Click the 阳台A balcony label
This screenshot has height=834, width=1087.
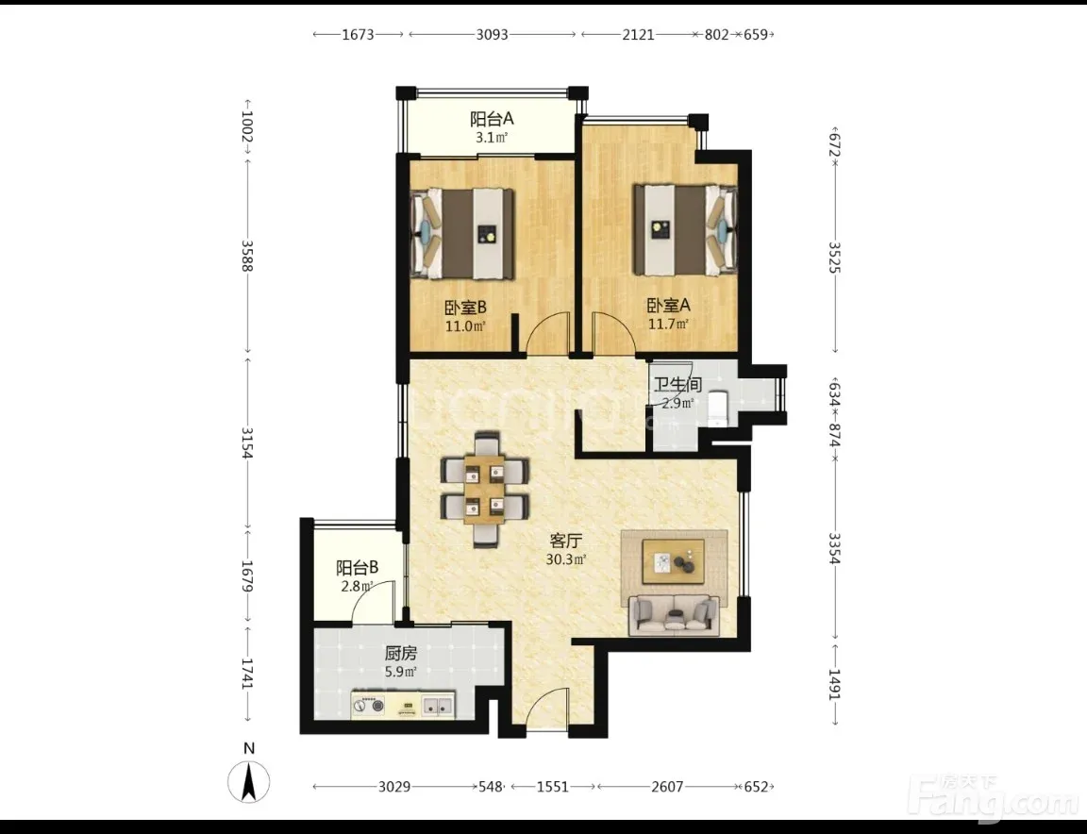pyautogui.click(x=492, y=119)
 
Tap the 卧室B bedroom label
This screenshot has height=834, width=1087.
pyautogui.click(x=464, y=307)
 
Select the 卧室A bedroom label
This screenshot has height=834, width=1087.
pyautogui.click(x=668, y=305)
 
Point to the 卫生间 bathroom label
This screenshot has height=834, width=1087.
pyautogui.click(x=677, y=385)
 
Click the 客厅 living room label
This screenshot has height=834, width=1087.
pyautogui.click(x=566, y=541)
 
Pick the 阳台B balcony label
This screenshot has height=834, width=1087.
pyautogui.click(x=357, y=568)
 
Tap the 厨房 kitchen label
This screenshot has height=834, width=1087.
pyautogui.click(x=401, y=653)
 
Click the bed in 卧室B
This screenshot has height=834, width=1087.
pyautogui.click(x=462, y=234)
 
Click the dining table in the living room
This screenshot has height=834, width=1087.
pyautogui.click(x=485, y=489)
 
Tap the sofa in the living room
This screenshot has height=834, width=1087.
pyautogui.click(x=673, y=614)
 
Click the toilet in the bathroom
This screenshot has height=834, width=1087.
pyautogui.click(x=717, y=409)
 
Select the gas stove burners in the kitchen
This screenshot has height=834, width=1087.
pyautogui.click(x=368, y=706)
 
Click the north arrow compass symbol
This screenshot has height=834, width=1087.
pyautogui.click(x=249, y=781)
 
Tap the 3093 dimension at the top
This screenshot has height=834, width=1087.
pyautogui.click(x=493, y=34)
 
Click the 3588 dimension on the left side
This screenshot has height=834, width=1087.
pyautogui.click(x=247, y=256)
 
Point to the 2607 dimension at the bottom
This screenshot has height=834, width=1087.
pyautogui.click(x=667, y=787)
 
